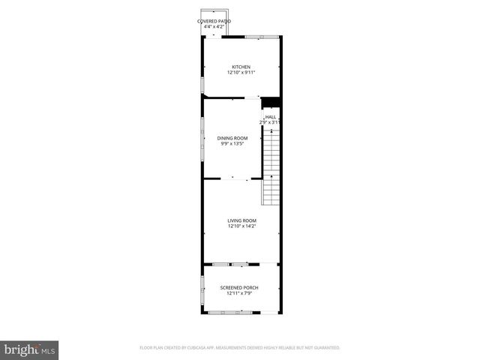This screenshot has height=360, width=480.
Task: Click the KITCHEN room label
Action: click(241, 67)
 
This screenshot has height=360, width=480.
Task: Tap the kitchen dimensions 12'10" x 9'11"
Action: click(241, 73)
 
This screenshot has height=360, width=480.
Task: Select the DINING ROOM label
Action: click(232, 138)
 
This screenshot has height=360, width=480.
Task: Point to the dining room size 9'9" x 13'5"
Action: click(232, 144)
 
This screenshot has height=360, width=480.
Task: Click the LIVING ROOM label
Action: click(241, 220)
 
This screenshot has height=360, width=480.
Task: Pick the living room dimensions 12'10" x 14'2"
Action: click(241, 226)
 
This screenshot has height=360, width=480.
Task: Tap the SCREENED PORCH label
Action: click(241, 288)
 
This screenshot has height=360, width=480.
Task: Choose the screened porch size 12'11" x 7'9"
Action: click(241, 294)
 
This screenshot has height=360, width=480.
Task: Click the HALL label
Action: click(271, 117)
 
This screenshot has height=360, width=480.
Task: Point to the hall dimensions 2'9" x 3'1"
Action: click(269, 122)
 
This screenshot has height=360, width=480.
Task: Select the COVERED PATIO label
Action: click(214, 21)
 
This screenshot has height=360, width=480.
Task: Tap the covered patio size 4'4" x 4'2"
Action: click(214, 27)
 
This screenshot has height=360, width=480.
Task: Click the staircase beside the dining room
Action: click(271, 166)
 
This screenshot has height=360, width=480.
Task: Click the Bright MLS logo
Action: click(30, 349)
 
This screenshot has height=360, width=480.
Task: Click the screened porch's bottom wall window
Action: click(241, 312)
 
